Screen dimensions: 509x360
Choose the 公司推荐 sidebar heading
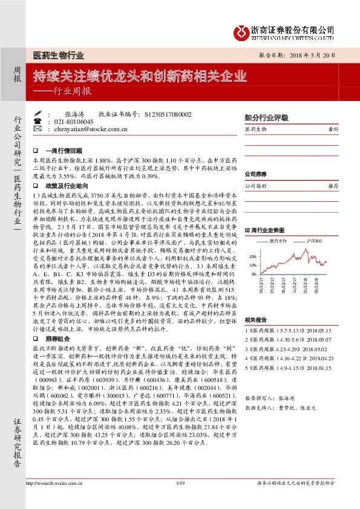[255, 174]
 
